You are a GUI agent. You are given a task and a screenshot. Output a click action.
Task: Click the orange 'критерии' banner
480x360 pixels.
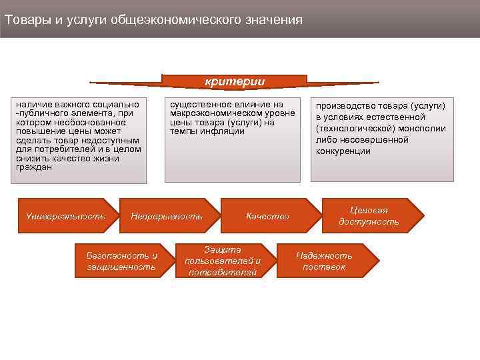coord(234,81)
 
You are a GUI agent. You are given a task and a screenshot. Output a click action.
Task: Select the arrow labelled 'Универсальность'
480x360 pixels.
coord(65,216)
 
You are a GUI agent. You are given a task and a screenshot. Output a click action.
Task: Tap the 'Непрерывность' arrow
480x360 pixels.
coord(167,216)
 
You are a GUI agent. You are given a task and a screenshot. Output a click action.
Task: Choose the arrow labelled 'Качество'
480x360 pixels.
coord(267,216)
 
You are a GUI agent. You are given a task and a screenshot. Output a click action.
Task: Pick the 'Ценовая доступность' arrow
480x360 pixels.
coord(369,216)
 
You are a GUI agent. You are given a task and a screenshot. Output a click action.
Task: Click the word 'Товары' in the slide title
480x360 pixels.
coord(26,19)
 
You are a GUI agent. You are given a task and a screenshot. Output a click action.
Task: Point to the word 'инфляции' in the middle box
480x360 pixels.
coord(226,131)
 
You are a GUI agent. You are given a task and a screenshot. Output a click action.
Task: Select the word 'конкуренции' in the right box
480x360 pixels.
coord(343,151)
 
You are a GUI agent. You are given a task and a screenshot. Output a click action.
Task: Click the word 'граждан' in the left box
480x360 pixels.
coord(33,167)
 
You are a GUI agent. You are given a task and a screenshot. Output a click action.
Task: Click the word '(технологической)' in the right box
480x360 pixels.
coord(353,129)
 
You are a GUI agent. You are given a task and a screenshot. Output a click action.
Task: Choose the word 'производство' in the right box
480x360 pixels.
coord(345,106)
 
